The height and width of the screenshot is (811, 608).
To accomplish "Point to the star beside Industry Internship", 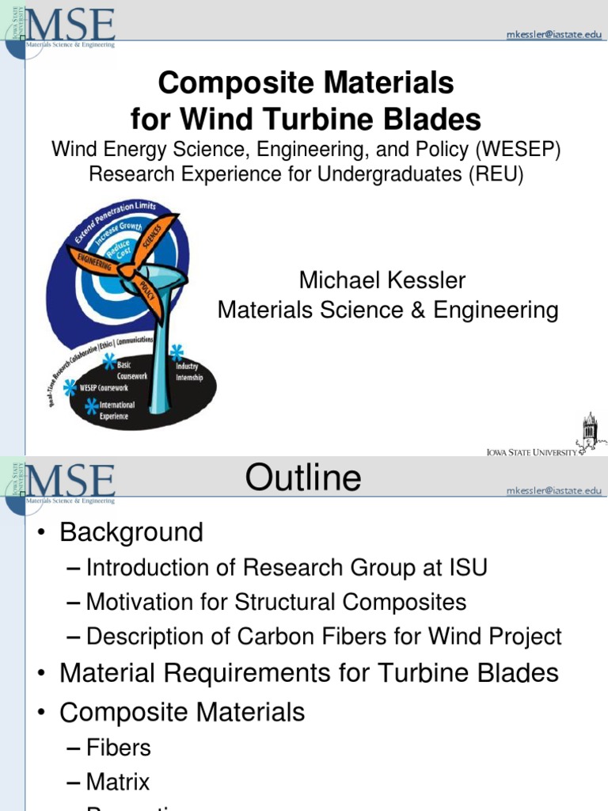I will (177, 352).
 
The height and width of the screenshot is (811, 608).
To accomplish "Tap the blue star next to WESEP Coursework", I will (70, 387).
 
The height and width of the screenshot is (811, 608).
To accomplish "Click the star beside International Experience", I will (93, 406).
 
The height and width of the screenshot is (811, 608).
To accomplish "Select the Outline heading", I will (303, 478).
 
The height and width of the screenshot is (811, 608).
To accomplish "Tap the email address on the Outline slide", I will (553, 491).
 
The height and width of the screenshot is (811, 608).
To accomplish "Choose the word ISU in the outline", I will (465, 567).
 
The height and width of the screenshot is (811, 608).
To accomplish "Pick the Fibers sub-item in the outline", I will (119, 748).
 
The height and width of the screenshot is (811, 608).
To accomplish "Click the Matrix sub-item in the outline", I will (118, 782).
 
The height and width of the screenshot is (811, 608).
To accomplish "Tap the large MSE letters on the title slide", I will (71, 25).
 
